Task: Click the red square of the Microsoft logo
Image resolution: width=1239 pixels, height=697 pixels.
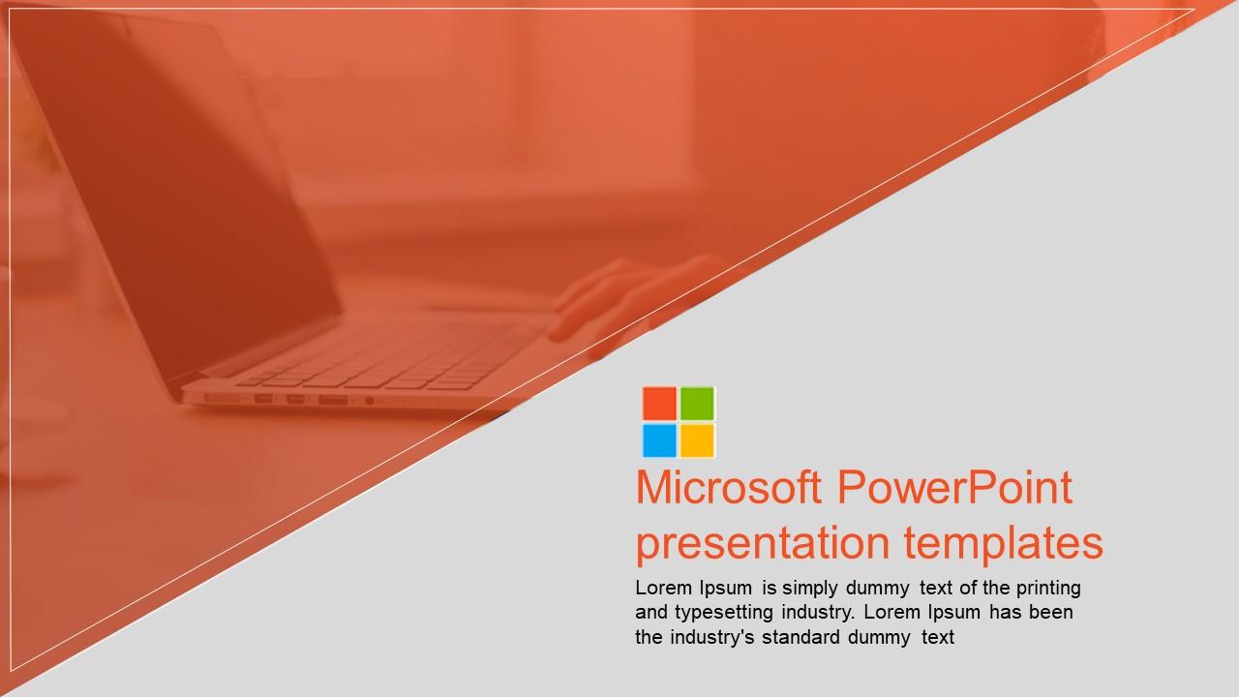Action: coord(659,403)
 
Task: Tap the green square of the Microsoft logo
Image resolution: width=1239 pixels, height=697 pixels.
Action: coord(697,403)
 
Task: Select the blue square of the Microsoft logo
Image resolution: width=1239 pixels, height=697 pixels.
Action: coord(659,439)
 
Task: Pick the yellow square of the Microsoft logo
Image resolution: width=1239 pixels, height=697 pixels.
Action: coord(697,439)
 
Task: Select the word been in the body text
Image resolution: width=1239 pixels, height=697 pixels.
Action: coord(1052,612)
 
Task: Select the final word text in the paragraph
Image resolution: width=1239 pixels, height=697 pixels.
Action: coord(937,637)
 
